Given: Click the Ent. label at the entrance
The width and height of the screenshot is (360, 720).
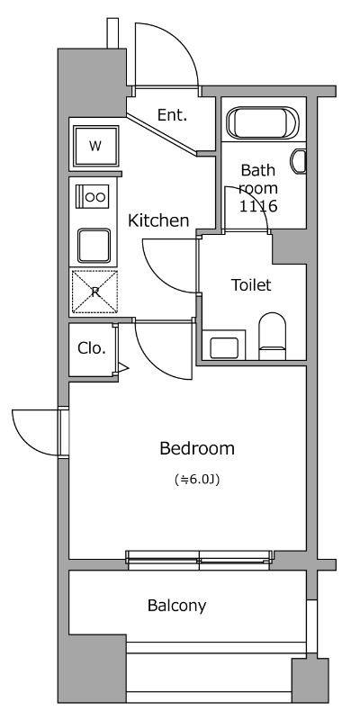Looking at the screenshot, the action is (x=172, y=115).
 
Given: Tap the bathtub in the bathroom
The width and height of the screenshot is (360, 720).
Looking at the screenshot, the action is (x=263, y=122).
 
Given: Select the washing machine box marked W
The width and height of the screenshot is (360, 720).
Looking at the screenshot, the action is (x=95, y=146).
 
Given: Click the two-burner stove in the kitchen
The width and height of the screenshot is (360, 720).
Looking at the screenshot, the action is (x=93, y=196).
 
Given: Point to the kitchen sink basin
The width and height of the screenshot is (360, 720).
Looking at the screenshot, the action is (x=94, y=245).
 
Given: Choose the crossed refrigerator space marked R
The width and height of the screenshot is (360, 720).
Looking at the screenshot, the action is (x=94, y=292).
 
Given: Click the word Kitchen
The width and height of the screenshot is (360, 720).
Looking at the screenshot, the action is (x=158, y=220).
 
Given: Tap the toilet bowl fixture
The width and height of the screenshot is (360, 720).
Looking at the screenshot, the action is (x=273, y=336).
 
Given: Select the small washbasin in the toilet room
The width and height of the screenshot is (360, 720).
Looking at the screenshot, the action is (x=224, y=347).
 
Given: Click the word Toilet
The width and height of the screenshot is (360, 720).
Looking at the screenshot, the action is (x=251, y=285).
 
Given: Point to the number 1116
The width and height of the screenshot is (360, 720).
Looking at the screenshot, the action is (x=258, y=206).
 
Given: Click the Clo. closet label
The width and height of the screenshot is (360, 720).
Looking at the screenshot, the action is (x=92, y=348).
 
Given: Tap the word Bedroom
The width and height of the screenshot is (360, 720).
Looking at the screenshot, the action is (x=197, y=448).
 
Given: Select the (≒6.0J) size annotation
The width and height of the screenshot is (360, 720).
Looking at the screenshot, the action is (x=197, y=481).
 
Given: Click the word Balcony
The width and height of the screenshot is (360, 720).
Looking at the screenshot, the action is (x=176, y=606).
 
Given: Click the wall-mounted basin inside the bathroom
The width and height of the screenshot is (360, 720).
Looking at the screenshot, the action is (x=299, y=161).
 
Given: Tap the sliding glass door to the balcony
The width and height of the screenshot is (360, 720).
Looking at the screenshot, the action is (x=200, y=560).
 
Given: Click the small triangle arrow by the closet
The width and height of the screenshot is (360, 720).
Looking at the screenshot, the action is (x=123, y=367).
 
